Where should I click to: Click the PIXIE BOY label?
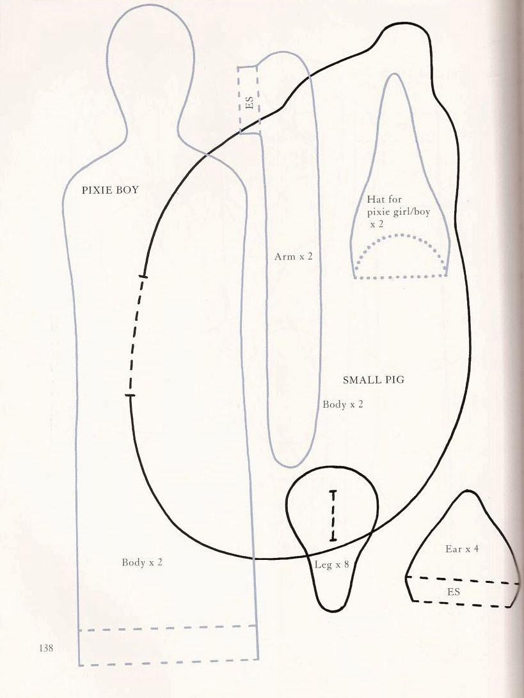click(110, 190)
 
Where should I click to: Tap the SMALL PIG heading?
click(374, 380)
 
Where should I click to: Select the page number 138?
click(46, 648)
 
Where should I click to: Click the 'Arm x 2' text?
click(293, 256)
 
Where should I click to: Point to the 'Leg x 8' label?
click(331, 564)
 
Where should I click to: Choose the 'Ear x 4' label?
click(462, 549)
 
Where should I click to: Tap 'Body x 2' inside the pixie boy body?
click(142, 562)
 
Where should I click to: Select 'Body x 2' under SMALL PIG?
click(343, 404)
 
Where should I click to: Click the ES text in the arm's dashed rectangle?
click(250, 103)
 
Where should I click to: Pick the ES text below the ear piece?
click(453, 592)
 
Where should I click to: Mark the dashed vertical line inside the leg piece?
click(333, 516)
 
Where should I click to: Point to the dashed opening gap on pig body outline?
click(135, 336)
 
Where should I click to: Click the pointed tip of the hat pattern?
click(393, 74)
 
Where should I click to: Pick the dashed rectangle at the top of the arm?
click(249, 100)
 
